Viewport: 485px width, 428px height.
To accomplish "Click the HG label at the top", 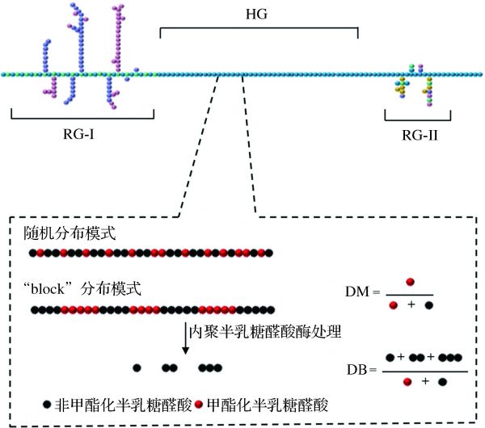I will [x=259, y=14].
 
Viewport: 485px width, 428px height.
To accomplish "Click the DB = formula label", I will [x=358, y=370].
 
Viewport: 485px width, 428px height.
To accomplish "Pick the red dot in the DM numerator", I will [x=411, y=281].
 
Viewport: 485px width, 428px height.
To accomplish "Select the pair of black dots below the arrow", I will [x=170, y=367].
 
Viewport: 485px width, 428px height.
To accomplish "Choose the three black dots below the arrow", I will [x=209, y=367].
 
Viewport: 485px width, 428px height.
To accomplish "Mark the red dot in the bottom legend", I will [x=199, y=401].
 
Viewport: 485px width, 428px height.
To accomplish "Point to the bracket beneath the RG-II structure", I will [x=416, y=117].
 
